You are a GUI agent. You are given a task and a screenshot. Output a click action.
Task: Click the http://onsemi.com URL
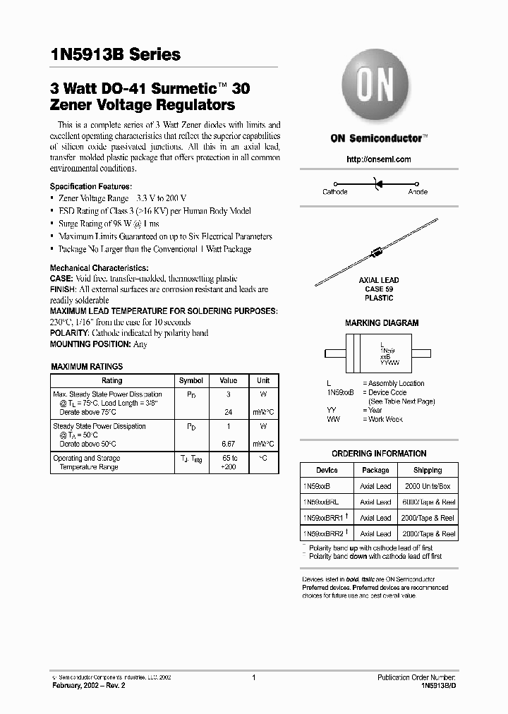378,159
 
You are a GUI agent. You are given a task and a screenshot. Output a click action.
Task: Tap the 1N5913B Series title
115,54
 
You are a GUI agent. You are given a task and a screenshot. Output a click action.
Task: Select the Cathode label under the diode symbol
334,192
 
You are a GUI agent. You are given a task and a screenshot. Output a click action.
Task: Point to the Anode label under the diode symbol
417,192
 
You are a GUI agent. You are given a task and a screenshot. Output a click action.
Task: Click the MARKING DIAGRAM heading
381,323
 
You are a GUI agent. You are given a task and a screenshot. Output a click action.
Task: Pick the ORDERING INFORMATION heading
379,454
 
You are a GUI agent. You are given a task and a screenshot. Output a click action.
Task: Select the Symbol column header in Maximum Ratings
190,380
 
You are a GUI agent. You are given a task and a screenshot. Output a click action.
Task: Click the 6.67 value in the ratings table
228,444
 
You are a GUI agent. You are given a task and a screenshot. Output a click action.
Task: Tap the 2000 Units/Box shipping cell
428,487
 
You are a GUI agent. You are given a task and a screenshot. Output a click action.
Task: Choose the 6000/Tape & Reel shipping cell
428,502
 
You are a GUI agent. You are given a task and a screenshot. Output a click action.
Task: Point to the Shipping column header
428,471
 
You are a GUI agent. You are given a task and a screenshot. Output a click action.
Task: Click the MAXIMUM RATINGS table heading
87,367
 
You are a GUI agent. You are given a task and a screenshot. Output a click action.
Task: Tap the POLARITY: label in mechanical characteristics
69,333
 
